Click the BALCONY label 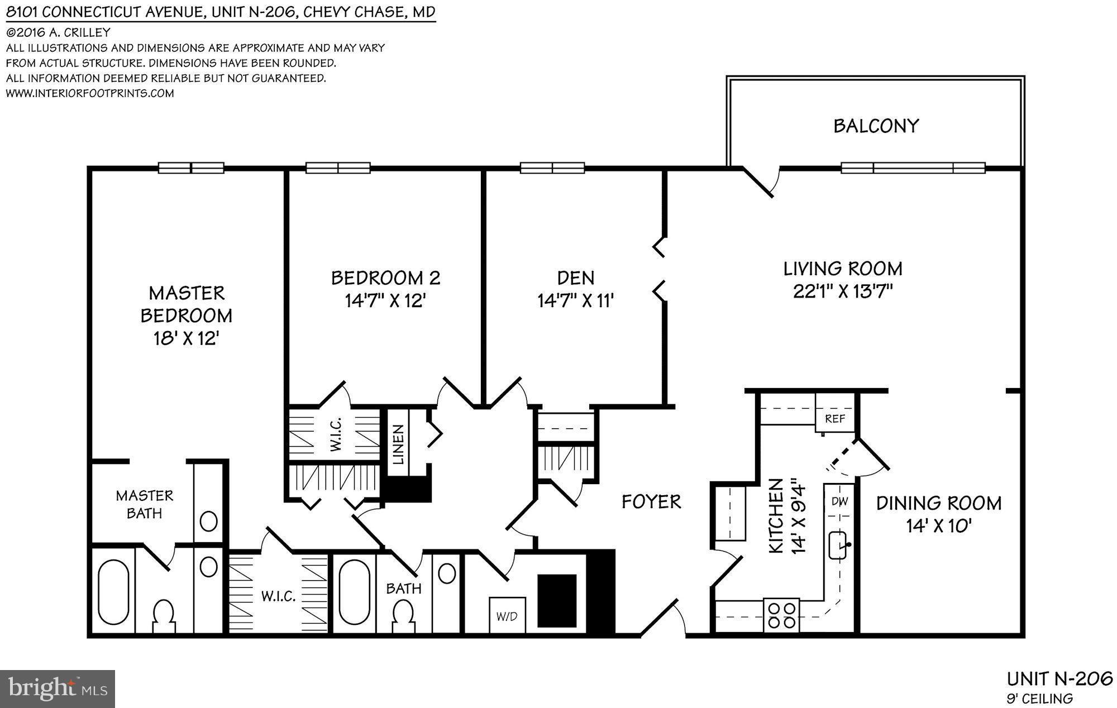[x=876, y=126]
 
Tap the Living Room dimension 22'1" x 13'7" [x=843, y=291]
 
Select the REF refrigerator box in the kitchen [x=835, y=418]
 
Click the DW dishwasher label [x=839, y=501]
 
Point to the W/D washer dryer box [x=507, y=616]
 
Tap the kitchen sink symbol [x=839, y=545]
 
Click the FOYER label [x=651, y=501]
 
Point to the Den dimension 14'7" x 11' [x=576, y=302]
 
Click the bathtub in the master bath [x=113, y=592]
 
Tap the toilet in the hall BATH [x=403, y=615]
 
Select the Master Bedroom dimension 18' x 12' [x=186, y=338]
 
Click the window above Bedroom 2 [x=338, y=168]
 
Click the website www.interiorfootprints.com [x=90, y=93]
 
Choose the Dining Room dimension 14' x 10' [x=939, y=526]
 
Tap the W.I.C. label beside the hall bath [x=278, y=596]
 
